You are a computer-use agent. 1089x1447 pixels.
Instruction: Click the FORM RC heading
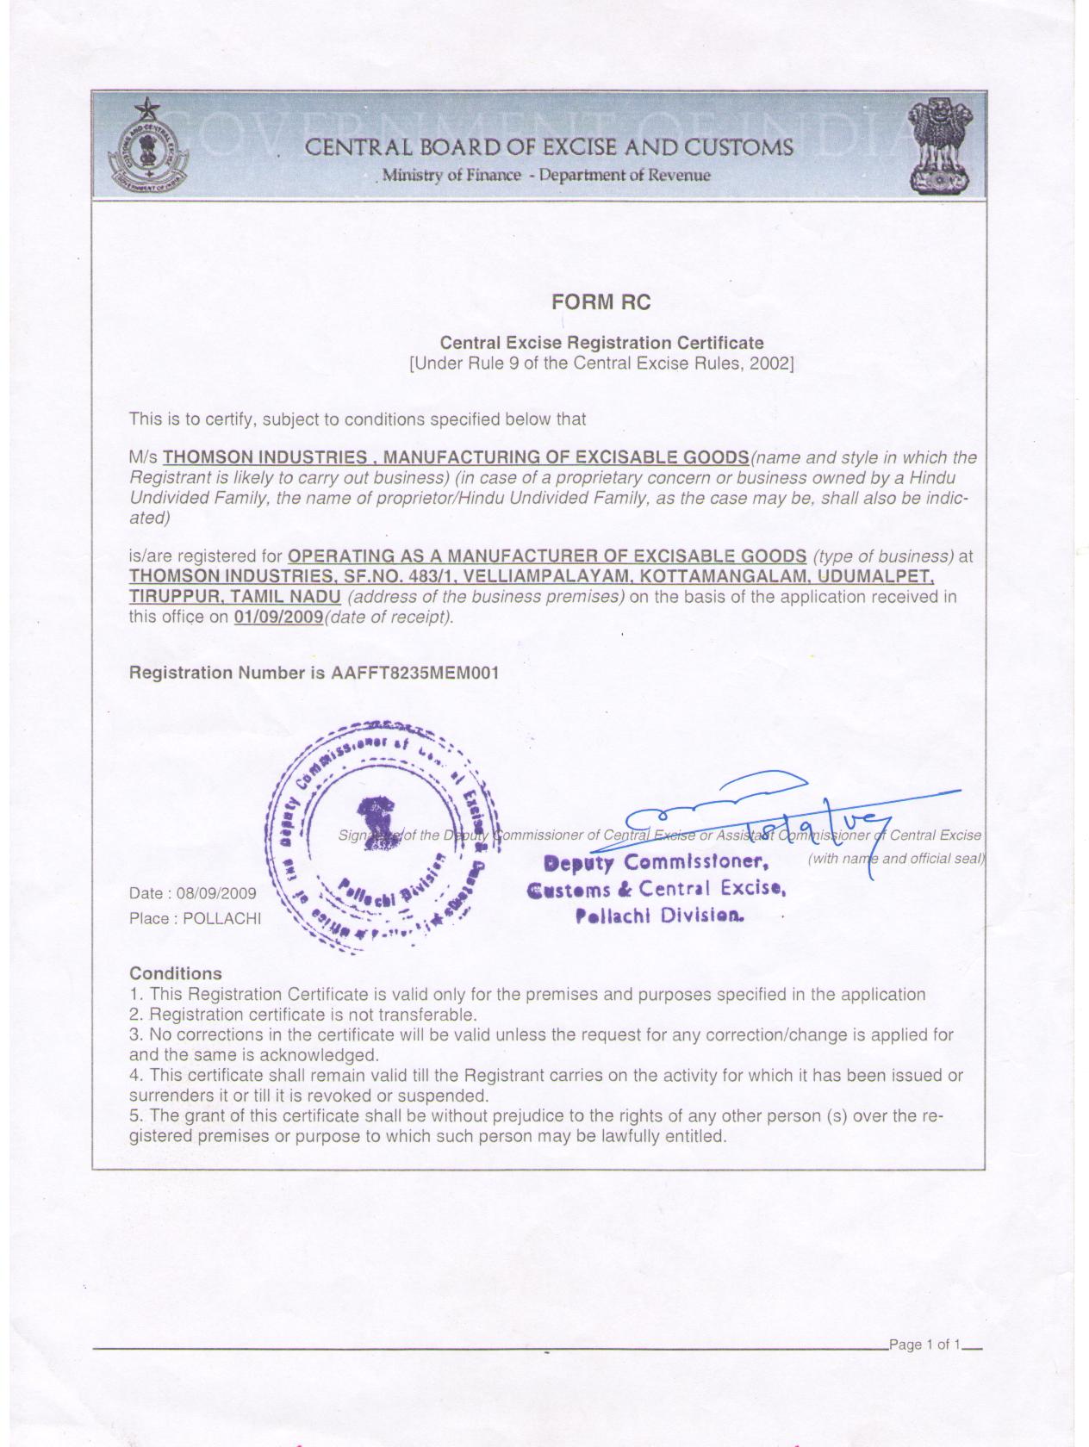click(x=601, y=302)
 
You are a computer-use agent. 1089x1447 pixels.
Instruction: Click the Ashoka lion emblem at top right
click(x=941, y=146)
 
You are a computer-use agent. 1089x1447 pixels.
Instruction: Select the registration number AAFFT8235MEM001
click(x=414, y=673)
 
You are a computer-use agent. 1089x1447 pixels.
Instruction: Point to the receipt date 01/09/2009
click(x=278, y=617)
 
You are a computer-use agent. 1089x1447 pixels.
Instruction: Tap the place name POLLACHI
click(x=221, y=918)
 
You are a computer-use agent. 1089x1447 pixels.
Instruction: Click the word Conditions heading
click(x=176, y=973)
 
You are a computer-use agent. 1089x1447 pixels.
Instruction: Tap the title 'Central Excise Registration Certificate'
click(x=601, y=343)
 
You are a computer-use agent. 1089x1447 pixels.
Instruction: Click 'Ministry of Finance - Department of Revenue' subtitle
click(x=546, y=176)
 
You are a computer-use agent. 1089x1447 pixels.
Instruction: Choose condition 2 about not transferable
click(x=303, y=1015)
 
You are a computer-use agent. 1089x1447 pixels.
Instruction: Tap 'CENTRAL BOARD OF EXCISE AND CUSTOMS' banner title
click(x=549, y=147)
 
